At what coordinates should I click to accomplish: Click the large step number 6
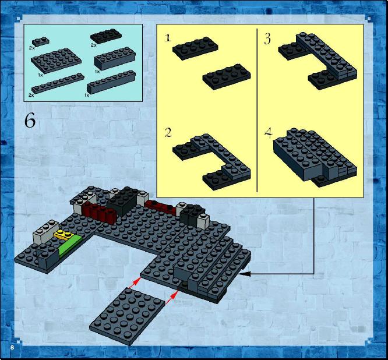click(30, 122)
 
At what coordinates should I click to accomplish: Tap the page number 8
click(12, 347)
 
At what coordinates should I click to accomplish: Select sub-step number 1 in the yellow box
click(168, 38)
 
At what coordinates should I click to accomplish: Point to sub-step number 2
click(168, 133)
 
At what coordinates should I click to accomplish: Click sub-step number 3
click(267, 39)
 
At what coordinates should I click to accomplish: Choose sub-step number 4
click(269, 133)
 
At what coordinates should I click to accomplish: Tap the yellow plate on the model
click(62, 234)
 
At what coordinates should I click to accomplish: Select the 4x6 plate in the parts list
click(56, 60)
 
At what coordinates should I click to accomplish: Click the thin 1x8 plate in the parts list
click(58, 83)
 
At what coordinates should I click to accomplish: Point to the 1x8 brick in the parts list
click(111, 82)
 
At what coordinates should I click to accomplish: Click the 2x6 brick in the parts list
click(115, 58)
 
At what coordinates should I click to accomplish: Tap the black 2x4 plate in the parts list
click(105, 36)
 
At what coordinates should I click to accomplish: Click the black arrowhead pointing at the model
click(245, 274)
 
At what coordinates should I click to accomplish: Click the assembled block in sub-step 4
click(315, 158)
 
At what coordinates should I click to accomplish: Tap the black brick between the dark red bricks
click(122, 200)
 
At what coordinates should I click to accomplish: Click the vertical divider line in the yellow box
click(257, 110)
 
